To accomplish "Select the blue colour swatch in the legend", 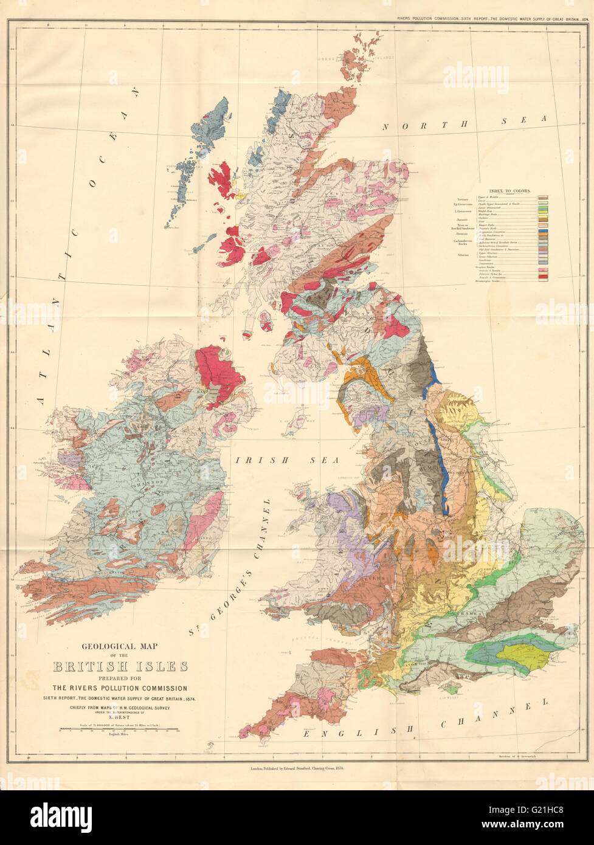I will tap(543, 232).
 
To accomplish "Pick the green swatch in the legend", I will tap(543, 209).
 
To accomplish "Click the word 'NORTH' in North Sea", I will tap(411, 125).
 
